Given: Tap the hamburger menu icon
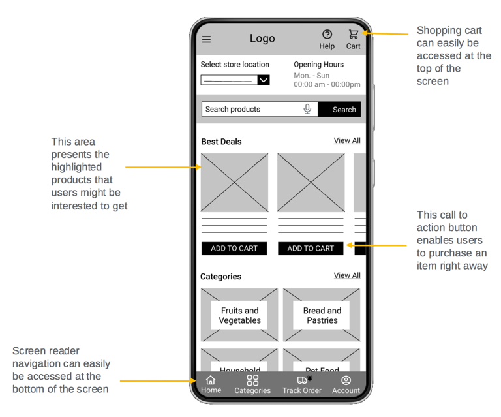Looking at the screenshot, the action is click(206, 39).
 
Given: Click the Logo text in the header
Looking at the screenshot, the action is click(262, 39).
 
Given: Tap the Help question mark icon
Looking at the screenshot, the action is click(327, 35).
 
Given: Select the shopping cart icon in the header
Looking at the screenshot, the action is click(354, 34).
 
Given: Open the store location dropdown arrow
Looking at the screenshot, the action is click(264, 80).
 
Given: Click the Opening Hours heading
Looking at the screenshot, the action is click(318, 65).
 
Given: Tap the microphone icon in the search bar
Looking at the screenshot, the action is click(307, 109).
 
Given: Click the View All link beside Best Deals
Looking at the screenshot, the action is click(347, 140).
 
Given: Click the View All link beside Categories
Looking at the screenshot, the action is click(347, 275).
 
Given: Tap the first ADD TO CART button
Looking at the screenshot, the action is click(234, 249).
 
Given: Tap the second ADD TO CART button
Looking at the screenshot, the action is click(311, 249).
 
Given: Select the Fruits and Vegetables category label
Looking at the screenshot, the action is click(239, 316).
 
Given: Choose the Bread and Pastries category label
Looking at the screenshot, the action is click(322, 316).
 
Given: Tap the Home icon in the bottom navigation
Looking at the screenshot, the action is click(211, 380).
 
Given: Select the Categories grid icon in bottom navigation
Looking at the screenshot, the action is click(252, 380).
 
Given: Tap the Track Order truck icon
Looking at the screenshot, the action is click(302, 380).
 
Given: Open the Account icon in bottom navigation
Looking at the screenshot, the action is click(346, 380).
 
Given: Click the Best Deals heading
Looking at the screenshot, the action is click(221, 142).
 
